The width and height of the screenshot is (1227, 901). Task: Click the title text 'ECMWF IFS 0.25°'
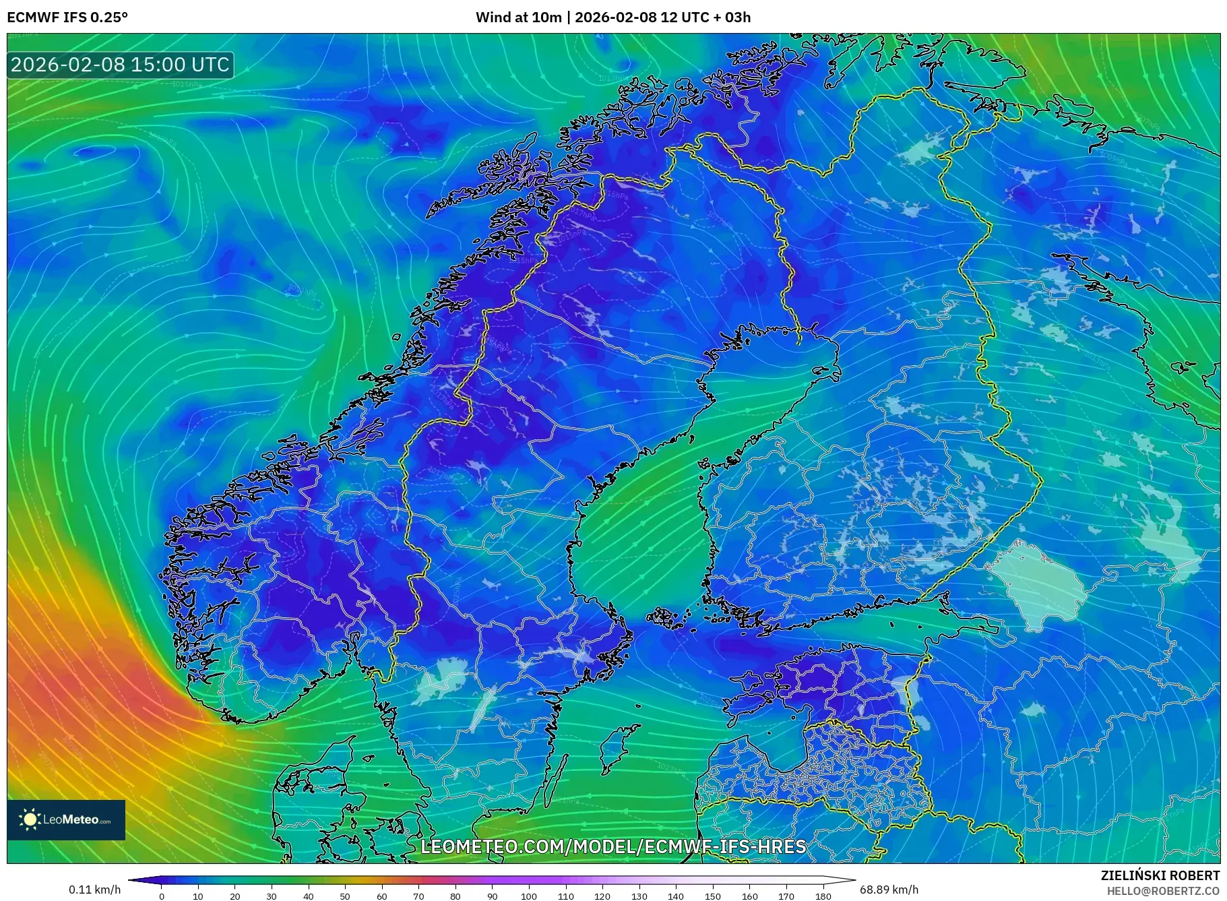tap(67, 18)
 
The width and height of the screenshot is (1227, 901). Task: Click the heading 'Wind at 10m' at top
tap(517, 18)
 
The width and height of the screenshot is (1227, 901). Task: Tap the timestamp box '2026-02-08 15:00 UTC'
tap(121, 65)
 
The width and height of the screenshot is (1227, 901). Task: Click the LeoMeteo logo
tap(66, 819)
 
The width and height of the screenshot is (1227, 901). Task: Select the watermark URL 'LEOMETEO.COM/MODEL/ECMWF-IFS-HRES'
tap(613, 846)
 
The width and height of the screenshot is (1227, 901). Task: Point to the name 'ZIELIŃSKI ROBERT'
tap(1160, 875)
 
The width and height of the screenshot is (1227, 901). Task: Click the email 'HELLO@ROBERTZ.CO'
tap(1163, 891)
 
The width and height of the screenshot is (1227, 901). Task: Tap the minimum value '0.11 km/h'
tap(94, 890)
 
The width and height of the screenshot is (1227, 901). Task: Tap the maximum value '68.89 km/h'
tap(888, 890)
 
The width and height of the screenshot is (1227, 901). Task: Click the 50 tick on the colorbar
tap(345, 896)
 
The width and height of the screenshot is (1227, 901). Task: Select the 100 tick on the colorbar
tap(529, 896)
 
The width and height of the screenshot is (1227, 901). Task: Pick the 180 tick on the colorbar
tap(823, 896)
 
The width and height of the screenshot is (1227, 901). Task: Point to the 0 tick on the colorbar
tap(162, 896)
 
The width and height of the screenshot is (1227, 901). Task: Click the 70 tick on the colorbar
tap(418, 896)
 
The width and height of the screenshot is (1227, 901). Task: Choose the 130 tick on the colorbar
tap(639, 896)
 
